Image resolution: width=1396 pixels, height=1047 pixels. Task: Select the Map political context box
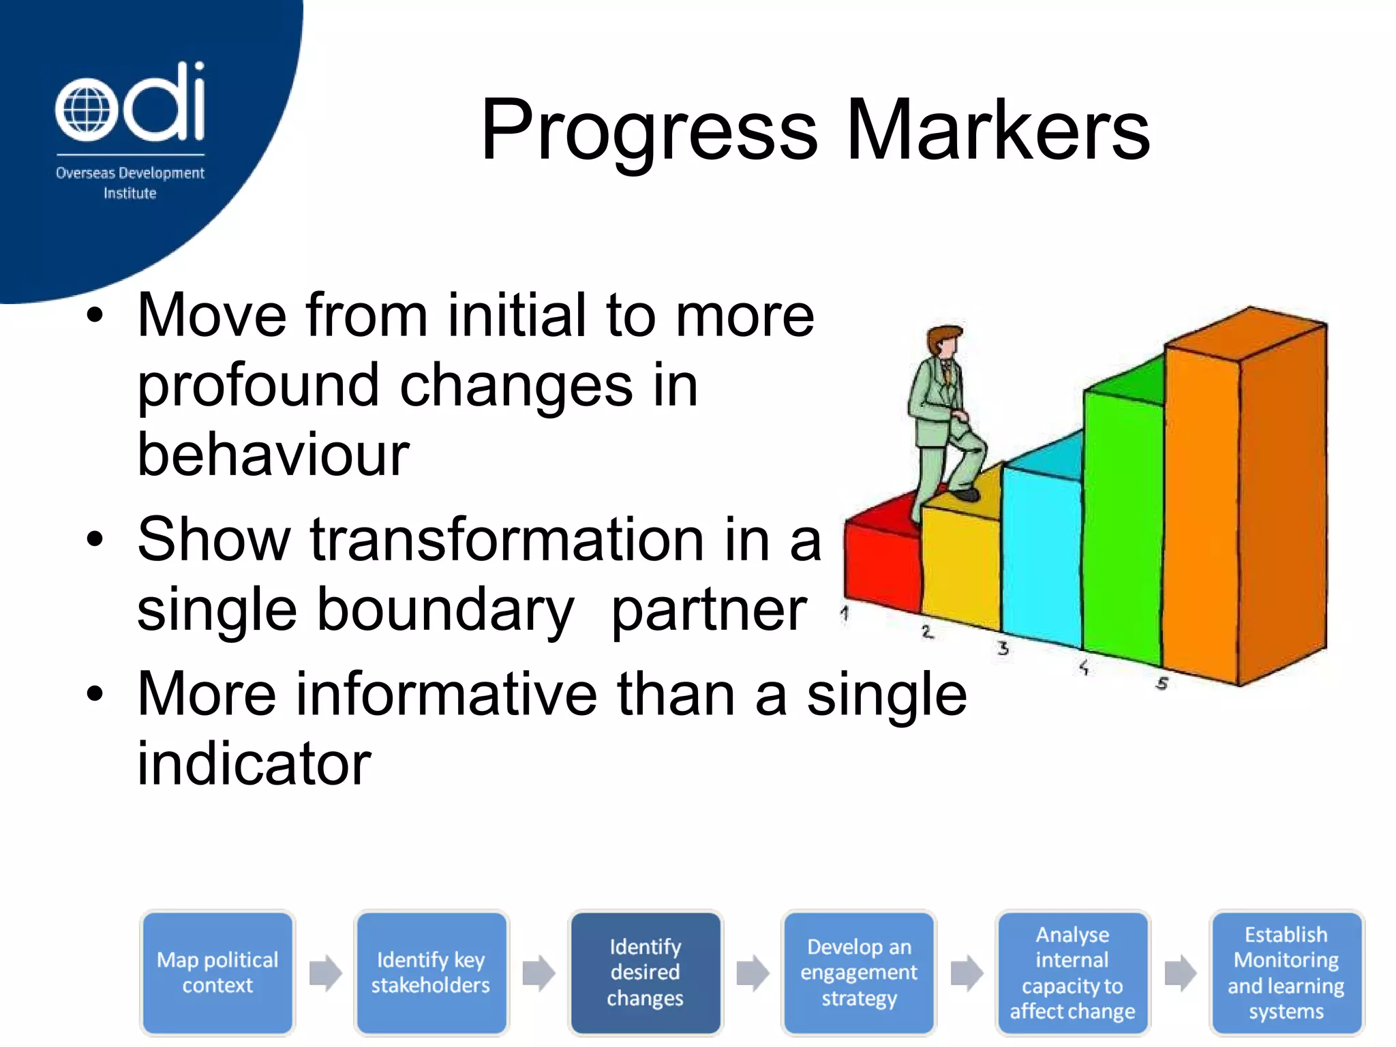point(217,973)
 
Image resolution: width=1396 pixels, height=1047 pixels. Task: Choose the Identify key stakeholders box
point(431,973)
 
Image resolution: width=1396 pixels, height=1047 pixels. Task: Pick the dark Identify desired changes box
point(645,973)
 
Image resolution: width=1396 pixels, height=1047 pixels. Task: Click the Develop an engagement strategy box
point(859,973)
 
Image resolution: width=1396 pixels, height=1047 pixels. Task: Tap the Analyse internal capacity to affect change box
point(1072,973)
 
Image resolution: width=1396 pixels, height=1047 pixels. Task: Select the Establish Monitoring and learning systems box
point(1286,973)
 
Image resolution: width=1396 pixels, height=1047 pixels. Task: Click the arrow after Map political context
point(325,973)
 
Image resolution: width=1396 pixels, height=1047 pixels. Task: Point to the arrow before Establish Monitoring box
point(1180,973)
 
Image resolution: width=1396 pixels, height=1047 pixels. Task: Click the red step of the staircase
point(881,566)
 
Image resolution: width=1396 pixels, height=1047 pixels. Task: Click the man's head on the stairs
point(944,341)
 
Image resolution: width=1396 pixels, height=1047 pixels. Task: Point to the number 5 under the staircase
point(1162,682)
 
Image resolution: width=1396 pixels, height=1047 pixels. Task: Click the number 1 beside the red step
point(845,613)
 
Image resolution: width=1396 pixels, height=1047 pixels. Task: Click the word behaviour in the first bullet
point(273,455)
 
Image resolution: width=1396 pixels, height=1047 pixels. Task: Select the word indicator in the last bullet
point(254,763)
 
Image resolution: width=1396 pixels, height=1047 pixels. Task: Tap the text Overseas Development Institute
point(130,183)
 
